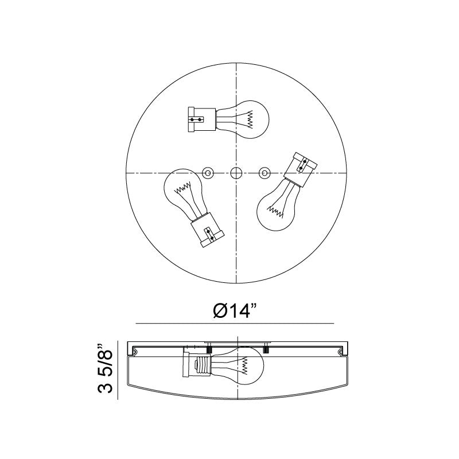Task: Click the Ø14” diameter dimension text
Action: (x=235, y=310)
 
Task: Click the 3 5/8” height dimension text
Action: (x=106, y=368)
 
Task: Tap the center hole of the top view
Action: (x=236, y=173)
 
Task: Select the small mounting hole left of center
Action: (x=208, y=173)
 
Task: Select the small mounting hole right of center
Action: (x=264, y=173)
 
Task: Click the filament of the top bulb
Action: (x=250, y=119)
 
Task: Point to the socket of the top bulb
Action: (x=202, y=119)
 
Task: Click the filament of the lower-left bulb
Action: (x=182, y=188)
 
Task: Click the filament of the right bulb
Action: (x=276, y=212)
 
